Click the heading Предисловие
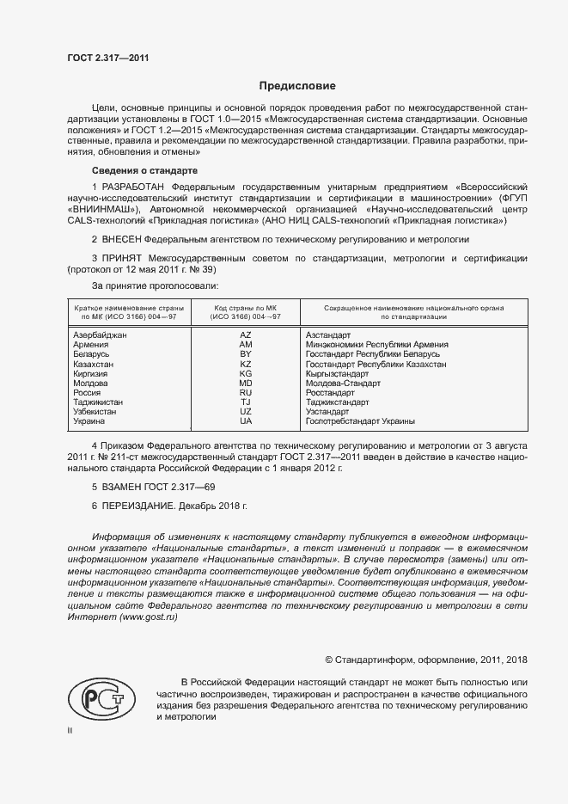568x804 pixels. tap(297, 86)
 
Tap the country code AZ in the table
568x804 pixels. tap(245, 334)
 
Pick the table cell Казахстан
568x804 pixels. tap(94, 365)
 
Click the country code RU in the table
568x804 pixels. tap(245, 392)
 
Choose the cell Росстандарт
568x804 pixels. tap(330, 392)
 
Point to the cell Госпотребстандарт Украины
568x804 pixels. tap(360, 421)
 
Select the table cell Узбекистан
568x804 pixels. tap(97, 412)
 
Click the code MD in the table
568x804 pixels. tap(245, 383)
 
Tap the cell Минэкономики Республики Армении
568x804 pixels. tap(377, 345)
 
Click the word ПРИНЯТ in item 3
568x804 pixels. tap(120, 258)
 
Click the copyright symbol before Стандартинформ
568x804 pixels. tap(329, 660)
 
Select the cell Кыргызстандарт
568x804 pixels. tap(338, 374)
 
